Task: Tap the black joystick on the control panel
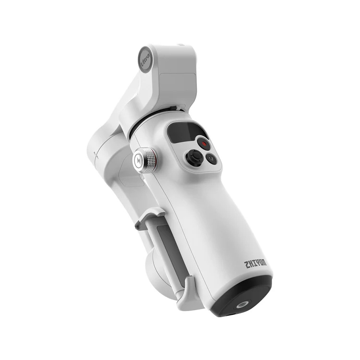point(194,157)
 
